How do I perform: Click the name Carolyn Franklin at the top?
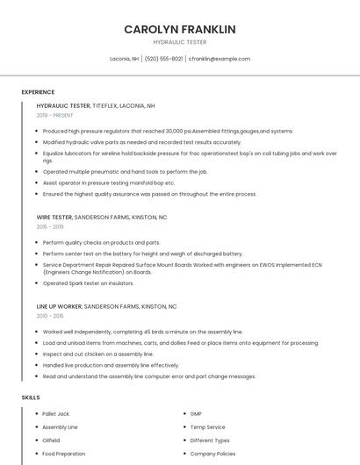coord(179,30)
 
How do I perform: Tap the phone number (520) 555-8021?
coord(163,59)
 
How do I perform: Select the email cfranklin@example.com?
coord(219,59)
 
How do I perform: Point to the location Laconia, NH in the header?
coord(124,59)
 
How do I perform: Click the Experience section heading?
coord(38,92)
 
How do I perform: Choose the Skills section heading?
coord(31,397)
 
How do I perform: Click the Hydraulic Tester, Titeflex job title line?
coord(96,105)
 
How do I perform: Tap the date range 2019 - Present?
coord(55,116)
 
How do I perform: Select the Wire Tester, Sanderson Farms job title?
coord(102,217)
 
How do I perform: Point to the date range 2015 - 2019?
coord(50,227)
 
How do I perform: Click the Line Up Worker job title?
coord(106,307)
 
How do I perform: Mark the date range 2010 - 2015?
coord(50,317)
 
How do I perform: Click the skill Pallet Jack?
coord(55,413)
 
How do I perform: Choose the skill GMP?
coord(196,413)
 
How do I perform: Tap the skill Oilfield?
coord(51,440)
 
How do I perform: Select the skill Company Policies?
coord(212,454)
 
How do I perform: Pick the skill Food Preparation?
coord(64,454)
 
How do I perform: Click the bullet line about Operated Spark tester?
coord(88,283)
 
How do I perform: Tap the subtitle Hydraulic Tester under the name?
coord(179,42)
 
